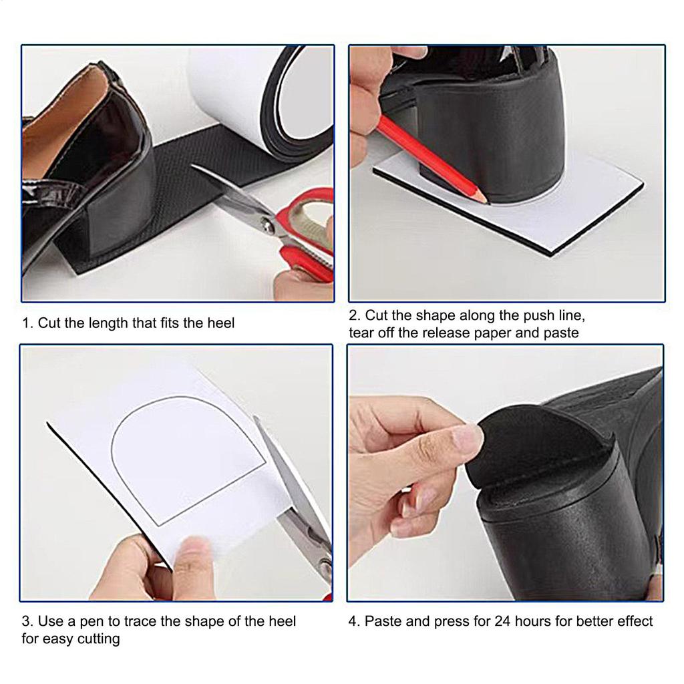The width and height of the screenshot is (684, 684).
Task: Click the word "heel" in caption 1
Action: [220, 323]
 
